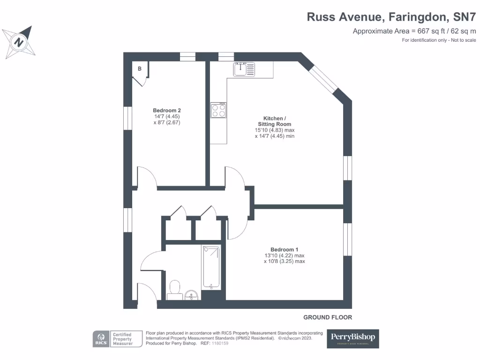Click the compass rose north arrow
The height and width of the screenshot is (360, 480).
[19, 42]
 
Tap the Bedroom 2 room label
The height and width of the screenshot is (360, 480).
[166, 111]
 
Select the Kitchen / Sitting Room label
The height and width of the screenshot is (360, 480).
[274, 121]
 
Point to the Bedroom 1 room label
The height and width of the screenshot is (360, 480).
[284, 249]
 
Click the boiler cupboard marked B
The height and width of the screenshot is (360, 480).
[140, 69]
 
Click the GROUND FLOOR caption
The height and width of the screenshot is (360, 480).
[327, 317]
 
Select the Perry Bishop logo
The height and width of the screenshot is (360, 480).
[352, 338]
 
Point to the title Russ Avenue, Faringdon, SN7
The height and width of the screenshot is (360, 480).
[391, 17]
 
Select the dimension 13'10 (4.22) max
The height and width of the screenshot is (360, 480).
[284, 255]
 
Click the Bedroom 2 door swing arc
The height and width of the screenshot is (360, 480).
[147, 175]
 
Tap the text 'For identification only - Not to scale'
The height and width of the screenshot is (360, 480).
[439, 40]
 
